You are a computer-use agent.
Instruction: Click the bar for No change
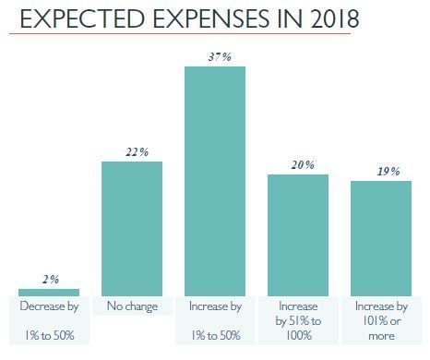click(x=132, y=229)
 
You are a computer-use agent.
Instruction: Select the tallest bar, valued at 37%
click(x=215, y=181)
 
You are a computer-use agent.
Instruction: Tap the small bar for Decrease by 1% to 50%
click(x=49, y=293)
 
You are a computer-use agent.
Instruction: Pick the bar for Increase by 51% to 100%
click(x=298, y=235)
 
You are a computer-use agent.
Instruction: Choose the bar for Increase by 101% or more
click(x=381, y=238)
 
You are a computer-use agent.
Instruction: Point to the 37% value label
click(x=220, y=57)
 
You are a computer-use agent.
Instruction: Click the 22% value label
click(x=137, y=152)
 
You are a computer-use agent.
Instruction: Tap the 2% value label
click(x=51, y=280)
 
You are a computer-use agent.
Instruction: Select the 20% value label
click(x=303, y=165)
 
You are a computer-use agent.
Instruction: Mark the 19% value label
click(x=388, y=172)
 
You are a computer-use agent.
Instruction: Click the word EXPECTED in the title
click(x=82, y=19)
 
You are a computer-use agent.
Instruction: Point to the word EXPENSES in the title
click(x=211, y=19)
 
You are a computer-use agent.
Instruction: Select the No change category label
click(x=132, y=306)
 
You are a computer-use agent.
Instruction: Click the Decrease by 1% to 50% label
click(x=49, y=321)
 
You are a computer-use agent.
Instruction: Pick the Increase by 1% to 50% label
click(x=215, y=321)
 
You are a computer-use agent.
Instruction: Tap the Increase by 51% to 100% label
click(x=298, y=321)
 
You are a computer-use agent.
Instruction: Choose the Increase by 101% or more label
click(x=381, y=321)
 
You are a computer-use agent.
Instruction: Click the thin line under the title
click(x=180, y=33)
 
